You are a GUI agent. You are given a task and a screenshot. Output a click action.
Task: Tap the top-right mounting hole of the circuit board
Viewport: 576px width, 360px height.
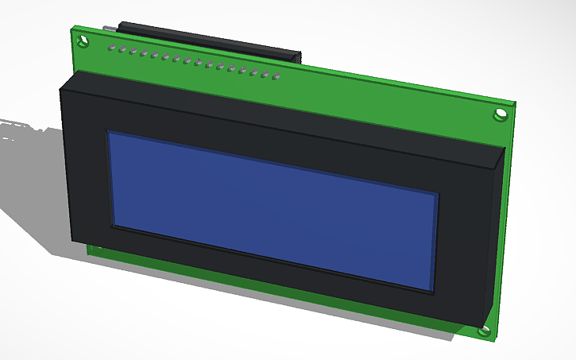[x=501, y=114]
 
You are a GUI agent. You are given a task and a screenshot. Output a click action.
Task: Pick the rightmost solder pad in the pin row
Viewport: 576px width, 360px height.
[x=276, y=77]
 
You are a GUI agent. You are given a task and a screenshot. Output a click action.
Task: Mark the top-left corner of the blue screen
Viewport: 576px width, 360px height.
[x=109, y=132]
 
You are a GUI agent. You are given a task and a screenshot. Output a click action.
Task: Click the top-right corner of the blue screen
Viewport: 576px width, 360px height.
[x=438, y=193]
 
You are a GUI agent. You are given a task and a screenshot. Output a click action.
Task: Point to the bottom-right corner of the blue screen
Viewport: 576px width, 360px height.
[x=433, y=291]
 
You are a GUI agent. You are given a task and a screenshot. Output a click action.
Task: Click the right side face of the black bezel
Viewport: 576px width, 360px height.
[x=493, y=238]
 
